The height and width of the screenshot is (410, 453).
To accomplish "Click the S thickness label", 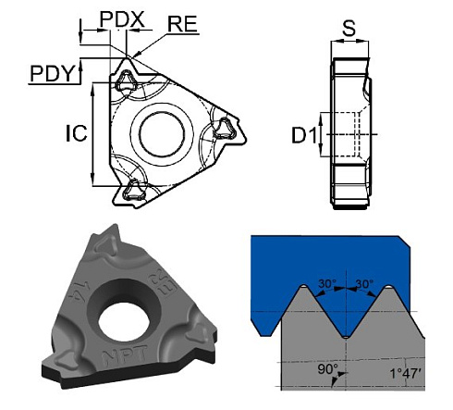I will tap(349, 29).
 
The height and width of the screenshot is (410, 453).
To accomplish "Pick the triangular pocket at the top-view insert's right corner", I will tap(225, 129).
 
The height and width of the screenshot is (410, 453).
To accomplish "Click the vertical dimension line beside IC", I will tap(92, 134).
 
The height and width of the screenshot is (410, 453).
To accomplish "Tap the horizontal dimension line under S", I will tap(349, 42).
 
